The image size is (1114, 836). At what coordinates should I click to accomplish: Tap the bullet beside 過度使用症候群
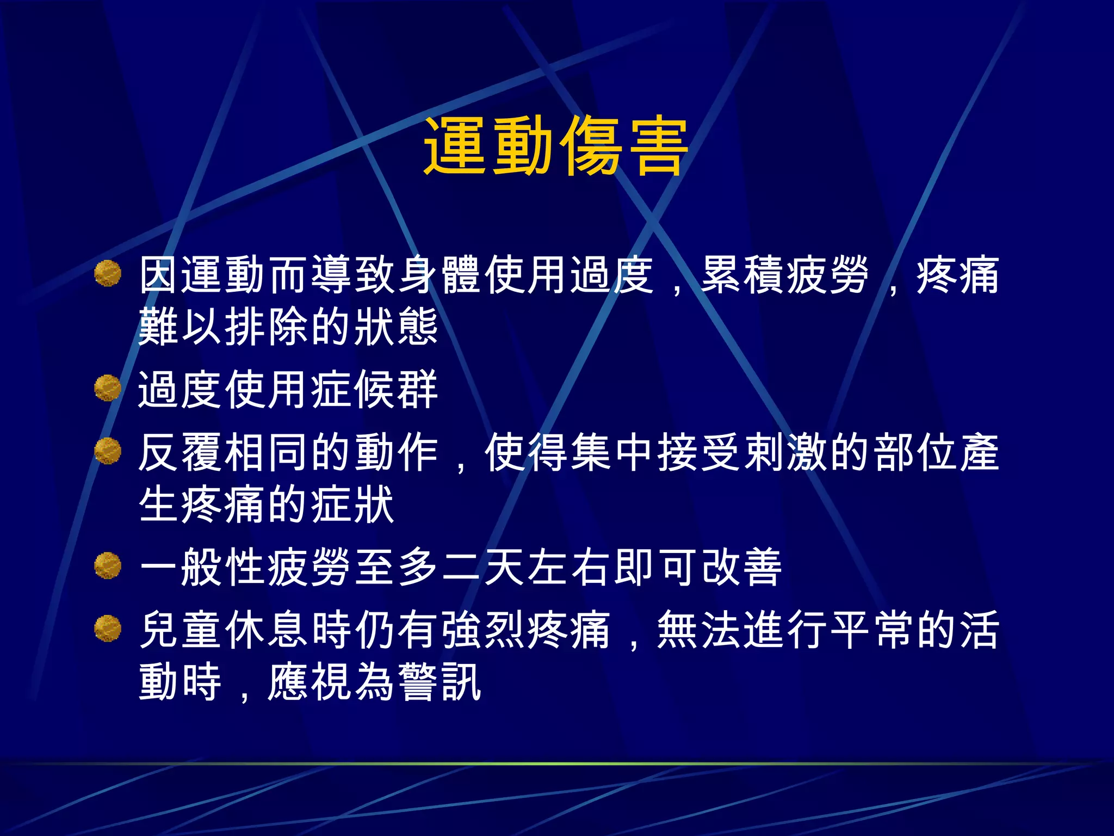(107, 388)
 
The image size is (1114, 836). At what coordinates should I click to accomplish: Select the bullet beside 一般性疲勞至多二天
(107, 565)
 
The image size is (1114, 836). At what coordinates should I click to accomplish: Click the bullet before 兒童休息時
(107, 629)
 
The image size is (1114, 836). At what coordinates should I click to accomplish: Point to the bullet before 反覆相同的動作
(107, 451)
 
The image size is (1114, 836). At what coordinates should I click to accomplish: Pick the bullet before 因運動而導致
(107, 273)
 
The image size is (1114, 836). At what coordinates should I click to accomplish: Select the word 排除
(268, 327)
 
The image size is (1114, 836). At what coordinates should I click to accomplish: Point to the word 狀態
(397, 327)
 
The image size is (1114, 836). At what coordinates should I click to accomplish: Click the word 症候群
(375, 390)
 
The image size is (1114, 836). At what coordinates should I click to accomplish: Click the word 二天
(483, 567)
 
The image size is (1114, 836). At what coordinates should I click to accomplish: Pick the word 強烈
(483, 630)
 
